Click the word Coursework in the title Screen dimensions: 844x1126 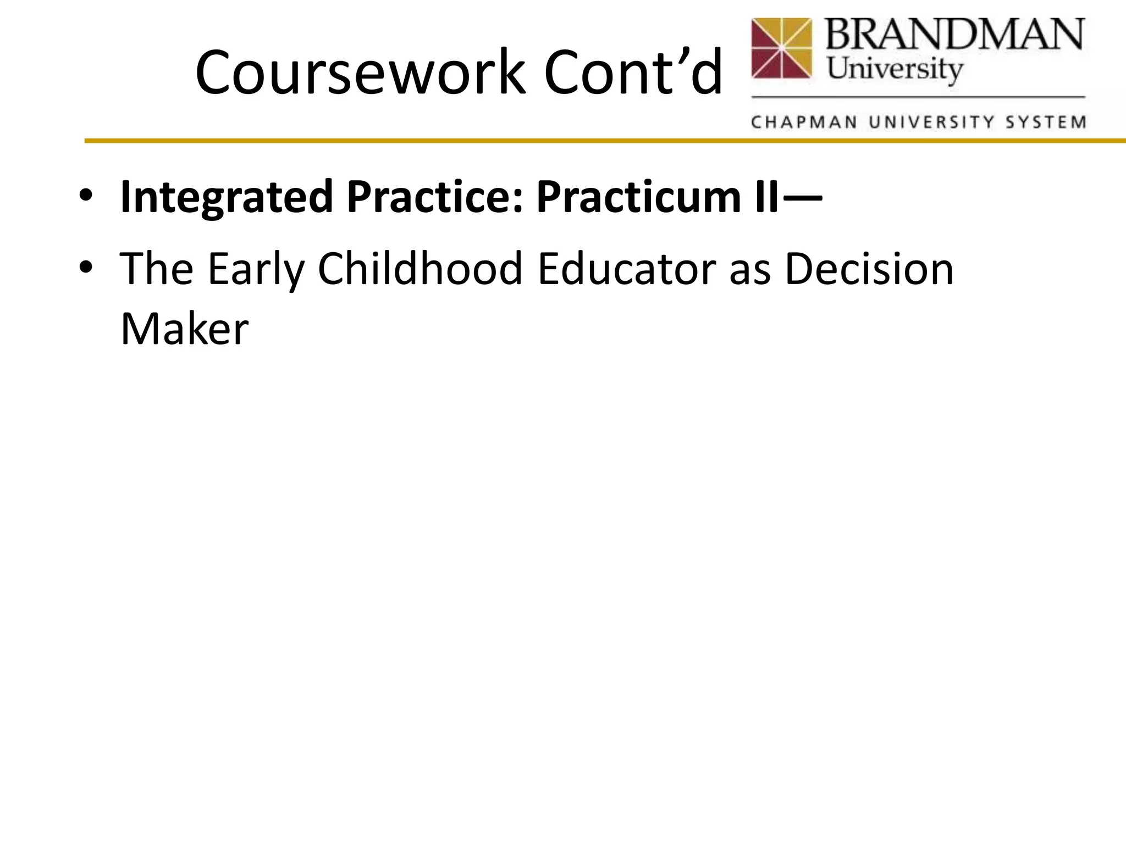(x=360, y=73)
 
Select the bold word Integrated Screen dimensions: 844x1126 (x=227, y=198)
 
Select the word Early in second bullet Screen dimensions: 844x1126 (x=256, y=269)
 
